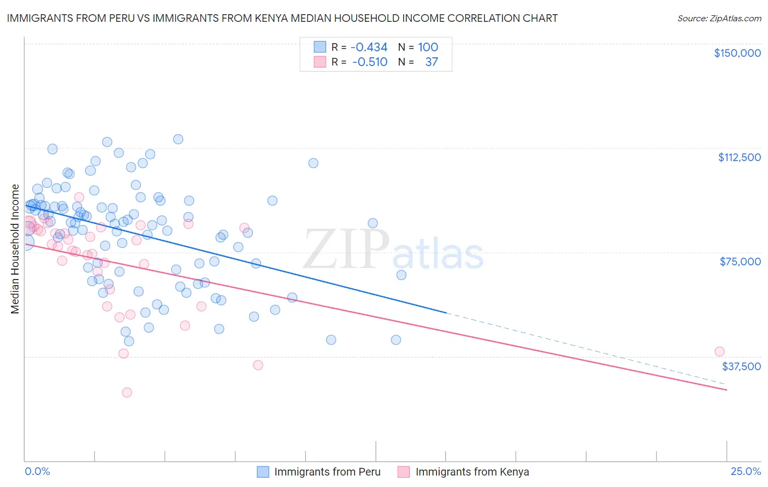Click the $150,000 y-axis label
pos(737,53)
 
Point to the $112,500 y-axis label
pos(739,157)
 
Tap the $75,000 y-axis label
pos(740,262)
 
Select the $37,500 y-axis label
pos(741,366)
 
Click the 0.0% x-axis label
pos(37,471)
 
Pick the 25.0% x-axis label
pos(746,471)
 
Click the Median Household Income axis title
pos(15,249)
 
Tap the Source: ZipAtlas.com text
pos(719,19)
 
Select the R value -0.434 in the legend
pos(369,47)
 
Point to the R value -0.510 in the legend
pos(370,62)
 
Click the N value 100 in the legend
pos(428,47)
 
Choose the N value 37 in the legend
pos(432,62)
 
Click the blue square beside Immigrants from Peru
pos(263,472)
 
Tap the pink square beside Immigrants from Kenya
pos(404,472)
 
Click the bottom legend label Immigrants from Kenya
pos(472,472)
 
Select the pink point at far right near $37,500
pos(719,352)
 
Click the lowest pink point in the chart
pos(127,392)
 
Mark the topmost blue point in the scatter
pos(178,139)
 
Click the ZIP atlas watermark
pos(393,250)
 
